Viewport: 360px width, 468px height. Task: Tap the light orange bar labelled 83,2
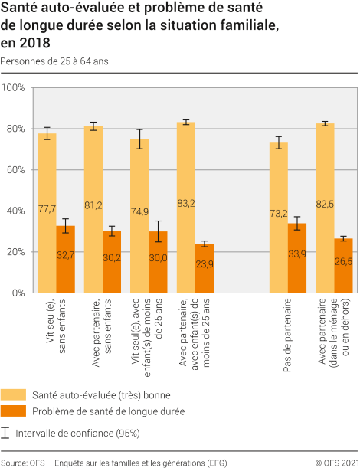pyautogui.click(x=186, y=207)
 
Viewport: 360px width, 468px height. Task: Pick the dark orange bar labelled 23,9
pyautogui.click(x=205, y=268)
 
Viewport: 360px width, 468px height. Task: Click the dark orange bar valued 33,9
pyautogui.click(x=297, y=257)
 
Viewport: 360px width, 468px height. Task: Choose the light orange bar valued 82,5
pyautogui.click(x=325, y=208)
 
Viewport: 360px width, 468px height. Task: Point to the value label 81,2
pyautogui.click(x=93, y=205)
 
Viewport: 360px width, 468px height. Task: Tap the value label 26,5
pyautogui.click(x=343, y=261)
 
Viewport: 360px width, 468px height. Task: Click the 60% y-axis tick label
pyautogui.click(x=16, y=169)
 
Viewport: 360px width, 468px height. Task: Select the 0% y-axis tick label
pyautogui.click(x=18, y=293)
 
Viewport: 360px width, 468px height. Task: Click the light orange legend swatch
pyautogui.click(x=12, y=394)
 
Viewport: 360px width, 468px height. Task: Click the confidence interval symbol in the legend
pyautogui.click(x=6, y=433)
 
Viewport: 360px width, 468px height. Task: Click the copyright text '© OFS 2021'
pyautogui.click(x=335, y=463)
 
